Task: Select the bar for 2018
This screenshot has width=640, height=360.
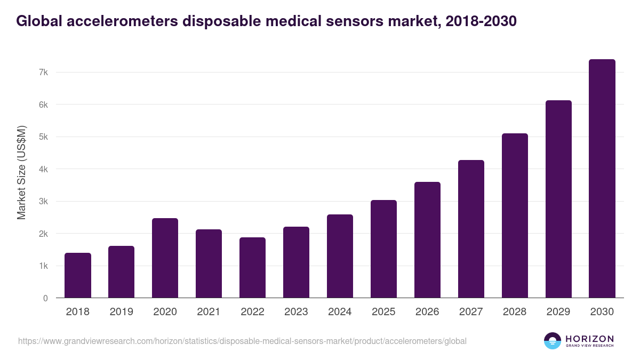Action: pyautogui.click(x=78, y=275)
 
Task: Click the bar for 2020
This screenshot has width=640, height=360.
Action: pyautogui.click(x=165, y=258)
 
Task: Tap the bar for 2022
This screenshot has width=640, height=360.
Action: pyautogui.click(x=253, y=268)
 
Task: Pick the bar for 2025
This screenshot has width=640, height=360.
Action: pyautogui.click(x=384, y=249)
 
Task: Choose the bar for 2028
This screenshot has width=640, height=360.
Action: pyautogui.click(x=515, y=215)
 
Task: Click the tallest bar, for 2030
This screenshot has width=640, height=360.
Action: pyautogui.click(x=602, y=179)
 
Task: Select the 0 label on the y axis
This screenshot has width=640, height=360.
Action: pyautogui.click(x=46, y=298)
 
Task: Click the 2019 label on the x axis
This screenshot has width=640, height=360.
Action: pyautogui.click(x=122, y=312)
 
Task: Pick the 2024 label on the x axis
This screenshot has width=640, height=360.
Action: pyautogui.click(x=340, y=312)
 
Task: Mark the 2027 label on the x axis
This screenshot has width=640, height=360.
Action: pyautogui.click(x=471, y=312)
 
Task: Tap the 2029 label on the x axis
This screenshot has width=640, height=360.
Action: pyautogui.click(x=559, y=312)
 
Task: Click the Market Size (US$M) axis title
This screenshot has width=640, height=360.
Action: pyautogui.click(x=21, y=172)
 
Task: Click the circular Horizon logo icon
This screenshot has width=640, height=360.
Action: pyautogui.click(x=553, y=341)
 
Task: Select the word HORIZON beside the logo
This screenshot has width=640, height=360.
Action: pyautogui.click(x=589, y=339)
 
